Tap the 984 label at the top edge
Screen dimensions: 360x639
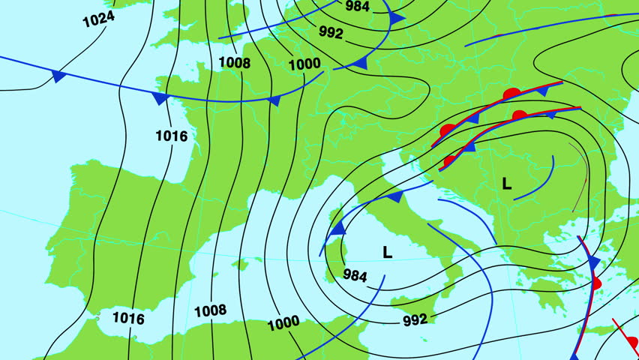(358, 6)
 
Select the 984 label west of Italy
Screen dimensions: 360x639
(355, 275)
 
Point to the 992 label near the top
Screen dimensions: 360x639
(331, 32)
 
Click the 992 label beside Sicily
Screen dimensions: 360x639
(415, 319)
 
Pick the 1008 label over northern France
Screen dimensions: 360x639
(235, 62)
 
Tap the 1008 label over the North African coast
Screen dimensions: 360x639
(210, 310)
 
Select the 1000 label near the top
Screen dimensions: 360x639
(304, 64)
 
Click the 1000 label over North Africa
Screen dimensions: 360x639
(283, 323)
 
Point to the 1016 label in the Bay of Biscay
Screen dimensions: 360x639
(171, 136)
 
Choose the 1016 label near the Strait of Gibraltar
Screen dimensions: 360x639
(128, 318)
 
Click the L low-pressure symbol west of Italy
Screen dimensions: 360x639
(387, 252)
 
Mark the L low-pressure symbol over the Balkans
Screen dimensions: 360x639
(507, 184)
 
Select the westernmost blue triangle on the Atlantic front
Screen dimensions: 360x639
(58, 75)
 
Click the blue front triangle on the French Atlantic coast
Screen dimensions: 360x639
(160, 97)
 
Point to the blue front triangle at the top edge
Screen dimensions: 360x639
(397, 18)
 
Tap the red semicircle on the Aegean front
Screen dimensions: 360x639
(597, 283)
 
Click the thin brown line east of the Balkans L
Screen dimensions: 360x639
(580, 177)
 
